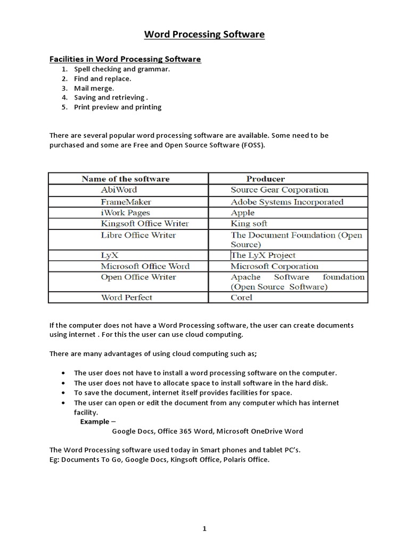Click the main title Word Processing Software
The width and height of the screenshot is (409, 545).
point(204,35)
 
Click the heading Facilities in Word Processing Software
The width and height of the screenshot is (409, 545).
point(125,59)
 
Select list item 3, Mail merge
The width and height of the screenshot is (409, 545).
point(94,88)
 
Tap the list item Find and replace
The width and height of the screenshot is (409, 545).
point(102,79)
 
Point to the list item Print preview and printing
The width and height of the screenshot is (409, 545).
point(117,107)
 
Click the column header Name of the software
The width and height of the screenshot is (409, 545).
point(126,179)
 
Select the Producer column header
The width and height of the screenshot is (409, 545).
point(265,179)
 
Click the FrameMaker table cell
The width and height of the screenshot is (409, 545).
point(126,202)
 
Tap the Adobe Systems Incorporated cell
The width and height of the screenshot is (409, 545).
point(287,202)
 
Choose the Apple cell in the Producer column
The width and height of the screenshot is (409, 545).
point(242,212)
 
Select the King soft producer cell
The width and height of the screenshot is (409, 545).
point(249,224)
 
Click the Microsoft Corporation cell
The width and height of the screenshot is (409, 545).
point(274,266)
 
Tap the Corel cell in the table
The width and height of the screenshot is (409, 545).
point(241,298)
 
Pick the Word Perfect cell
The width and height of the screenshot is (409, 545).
point(126,298)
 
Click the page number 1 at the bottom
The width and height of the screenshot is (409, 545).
point(204,514)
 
